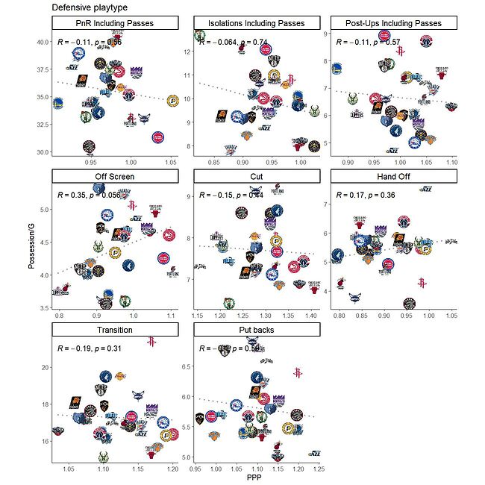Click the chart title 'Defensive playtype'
click(x=90, y=7)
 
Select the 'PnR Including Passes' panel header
click(x=114, y=23)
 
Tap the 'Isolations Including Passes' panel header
click(x=255, y=23)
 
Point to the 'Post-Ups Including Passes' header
click(x=394, y=23)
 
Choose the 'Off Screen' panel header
click(x=114, y=177)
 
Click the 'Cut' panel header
click(x=255, y=177)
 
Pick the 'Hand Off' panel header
click(x=394, y=177)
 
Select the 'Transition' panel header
click(x=114, y=330)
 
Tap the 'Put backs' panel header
click(x=255, y=330)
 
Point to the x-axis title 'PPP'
click(x=255, y=479)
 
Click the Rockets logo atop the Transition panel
click(x=151, y=342)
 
